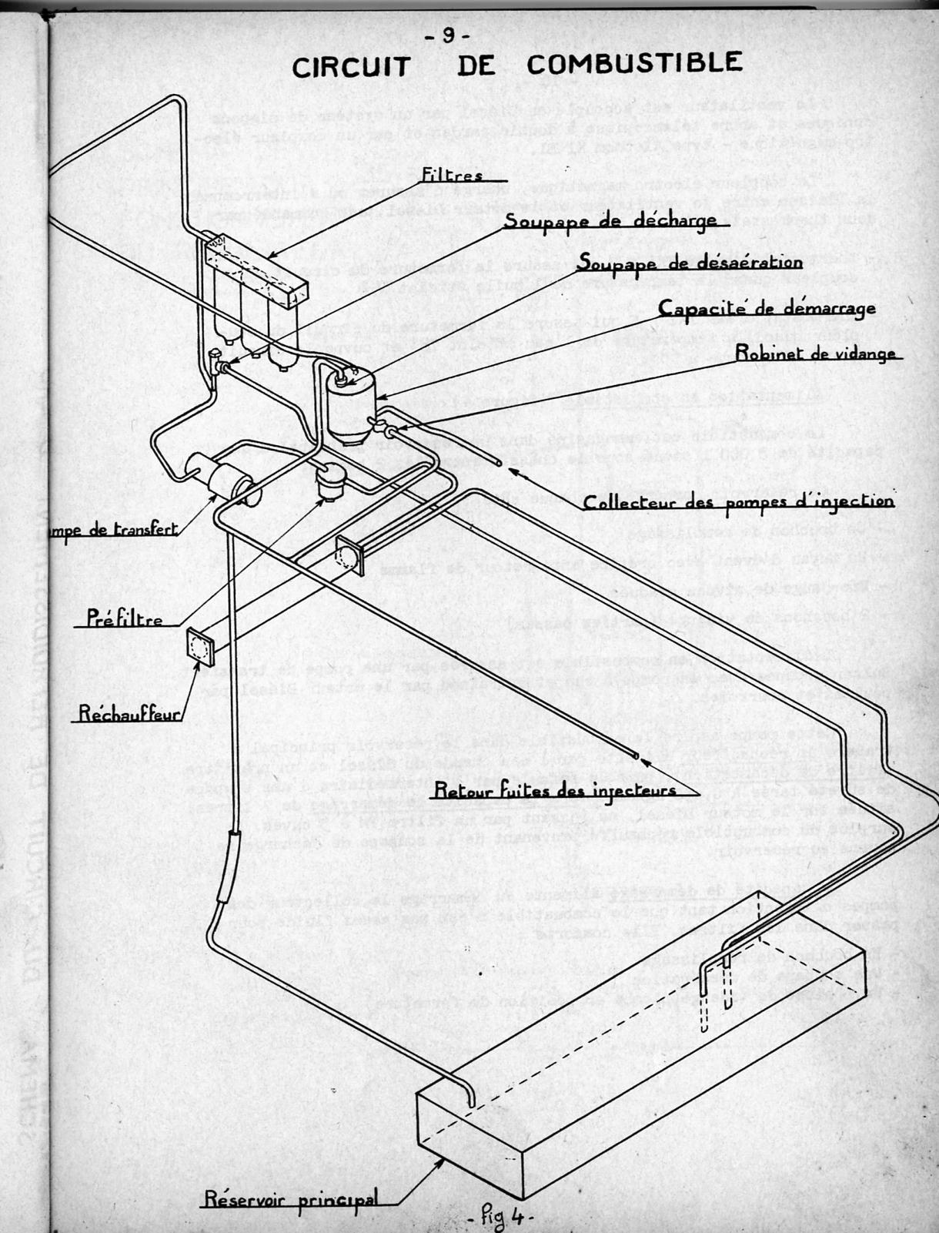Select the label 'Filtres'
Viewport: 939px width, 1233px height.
(x=452, y=176)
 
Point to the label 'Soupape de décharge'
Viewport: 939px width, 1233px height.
(x=610, y=220)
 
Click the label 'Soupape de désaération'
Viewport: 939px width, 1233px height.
(x=690, y=263)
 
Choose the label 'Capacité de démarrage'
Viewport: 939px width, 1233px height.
(x=767, y=309)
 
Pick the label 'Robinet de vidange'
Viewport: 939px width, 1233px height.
(x=815, y=353)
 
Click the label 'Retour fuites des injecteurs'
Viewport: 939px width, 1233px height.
(x=555, y=789)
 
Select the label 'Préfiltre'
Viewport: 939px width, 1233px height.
(x=125, y=618)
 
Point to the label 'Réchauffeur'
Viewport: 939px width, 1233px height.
(x=129, y=714)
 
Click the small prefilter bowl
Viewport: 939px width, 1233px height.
(x=332, y=481)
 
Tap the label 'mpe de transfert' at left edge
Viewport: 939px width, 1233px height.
(x=113, y=530)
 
